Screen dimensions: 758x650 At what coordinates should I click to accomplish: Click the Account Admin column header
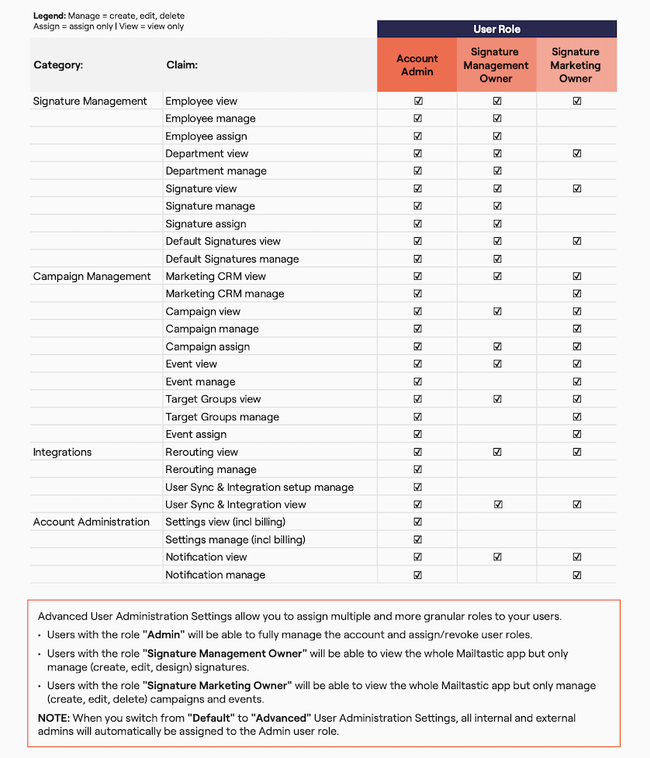(417, 65)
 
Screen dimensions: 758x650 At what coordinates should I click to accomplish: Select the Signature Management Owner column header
(496, 65)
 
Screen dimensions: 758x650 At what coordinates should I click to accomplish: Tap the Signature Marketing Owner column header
(576, 65)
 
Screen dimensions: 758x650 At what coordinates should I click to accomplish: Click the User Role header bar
(496, 29)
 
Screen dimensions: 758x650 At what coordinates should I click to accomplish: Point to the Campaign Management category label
(92, 277)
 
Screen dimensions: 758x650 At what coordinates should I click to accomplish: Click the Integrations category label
(62, 452)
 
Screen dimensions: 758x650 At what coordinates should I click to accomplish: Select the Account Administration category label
(91, 522)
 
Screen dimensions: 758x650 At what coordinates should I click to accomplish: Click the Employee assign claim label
(206, 136)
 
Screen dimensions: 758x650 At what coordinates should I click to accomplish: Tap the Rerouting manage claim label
(210, 470)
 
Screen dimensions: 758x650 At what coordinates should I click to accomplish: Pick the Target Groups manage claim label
(222, 417)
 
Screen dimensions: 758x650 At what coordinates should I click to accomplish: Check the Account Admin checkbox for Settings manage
(418, 539)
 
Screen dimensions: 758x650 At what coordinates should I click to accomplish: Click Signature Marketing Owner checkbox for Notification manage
(576, 575)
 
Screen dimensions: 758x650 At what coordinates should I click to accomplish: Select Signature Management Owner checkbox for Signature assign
(497, 224)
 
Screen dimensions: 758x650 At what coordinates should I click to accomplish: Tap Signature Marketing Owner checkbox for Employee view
(576, 102)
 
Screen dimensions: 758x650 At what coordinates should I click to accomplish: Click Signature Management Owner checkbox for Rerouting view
(497, 452)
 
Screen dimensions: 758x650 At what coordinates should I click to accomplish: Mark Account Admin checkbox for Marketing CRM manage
(418, 294)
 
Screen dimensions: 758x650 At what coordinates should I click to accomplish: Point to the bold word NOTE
(54, 718)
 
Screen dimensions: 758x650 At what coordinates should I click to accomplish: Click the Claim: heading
(182, 65)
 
